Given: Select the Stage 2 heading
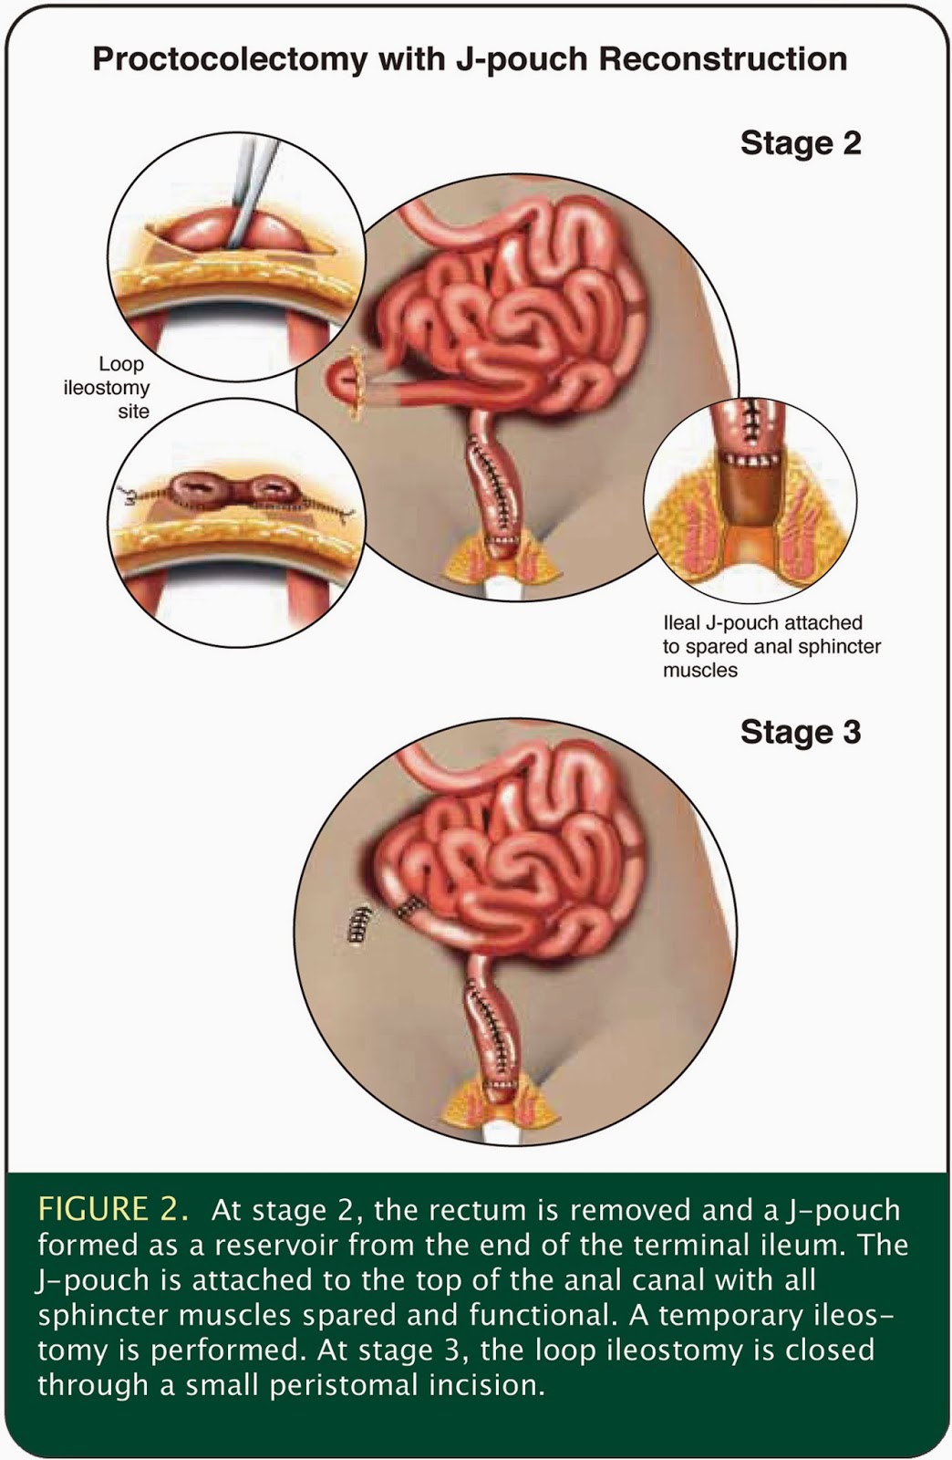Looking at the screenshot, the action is coord(800,143).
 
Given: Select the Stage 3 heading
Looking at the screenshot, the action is coord(800,732).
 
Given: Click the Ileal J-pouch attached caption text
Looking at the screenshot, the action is coord(762,623).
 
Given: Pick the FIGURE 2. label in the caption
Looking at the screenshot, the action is coord(113,1210).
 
